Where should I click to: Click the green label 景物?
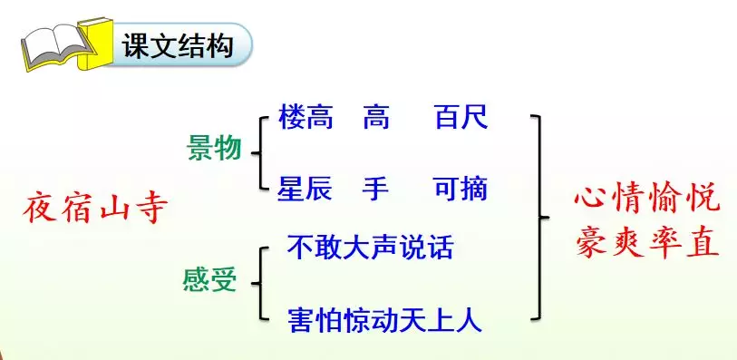pyautogui.click(x=214, y=148)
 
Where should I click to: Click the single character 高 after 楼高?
pyautogui.click(x=375, y=118)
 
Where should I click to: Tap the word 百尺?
pyautogui.click(x=461, y=118)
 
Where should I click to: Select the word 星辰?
pyautogui.click(x=305, y=189)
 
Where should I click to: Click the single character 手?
pyautogui.click(x=375, y=189)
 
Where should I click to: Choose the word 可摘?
pyautogui.click(x=461, y=189)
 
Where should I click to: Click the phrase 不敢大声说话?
pyautogui.click(x=369, y=247)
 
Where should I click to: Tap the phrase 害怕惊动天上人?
pyautogui.click(x=383, y=319)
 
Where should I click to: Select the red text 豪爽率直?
pyautogui.click(x=645, y=242)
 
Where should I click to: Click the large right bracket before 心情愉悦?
pyautogui.click(x=540, y=217)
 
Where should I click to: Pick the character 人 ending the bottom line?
pyautogui.click(x=469, y=319)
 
